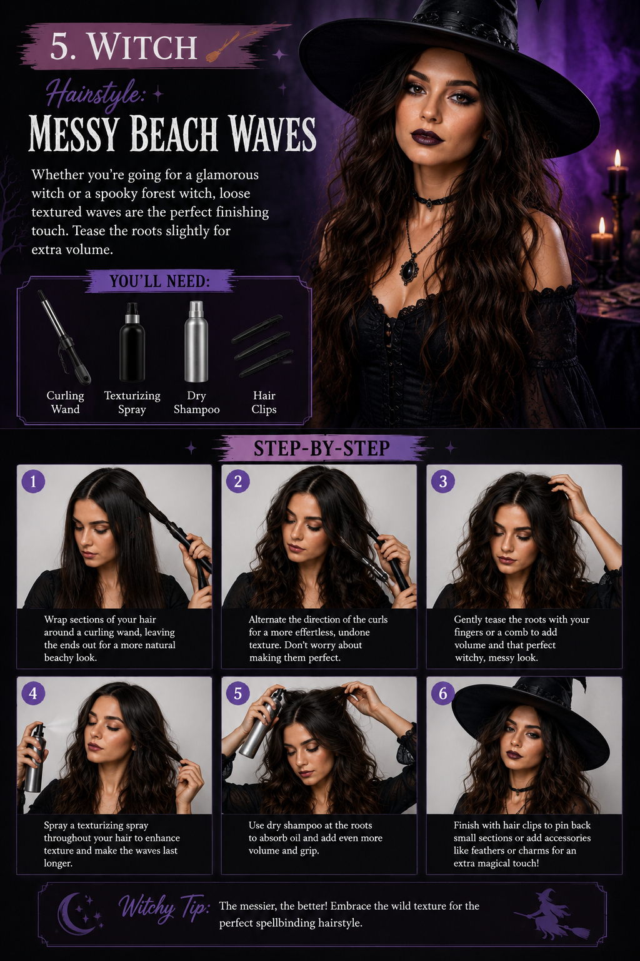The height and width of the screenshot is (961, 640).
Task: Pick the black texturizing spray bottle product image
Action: click(132, 342)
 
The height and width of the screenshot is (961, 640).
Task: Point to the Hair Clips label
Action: click(264, 402)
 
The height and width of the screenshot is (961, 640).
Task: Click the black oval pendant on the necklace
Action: click(409, 271)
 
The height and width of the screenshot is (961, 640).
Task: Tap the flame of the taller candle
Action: click(617, 158)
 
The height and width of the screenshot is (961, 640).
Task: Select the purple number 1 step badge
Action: click(33, 481)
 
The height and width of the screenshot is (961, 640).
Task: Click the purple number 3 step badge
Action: click(443, 481)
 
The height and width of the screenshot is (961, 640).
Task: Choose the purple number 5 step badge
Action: click(238, 693)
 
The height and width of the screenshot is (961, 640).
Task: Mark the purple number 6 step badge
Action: click(443, 693)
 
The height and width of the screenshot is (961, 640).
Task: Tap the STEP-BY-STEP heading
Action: click(321, 449)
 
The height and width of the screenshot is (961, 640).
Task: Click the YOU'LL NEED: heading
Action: click(160, 282)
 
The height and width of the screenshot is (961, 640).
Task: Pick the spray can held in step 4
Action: click(36, 758)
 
